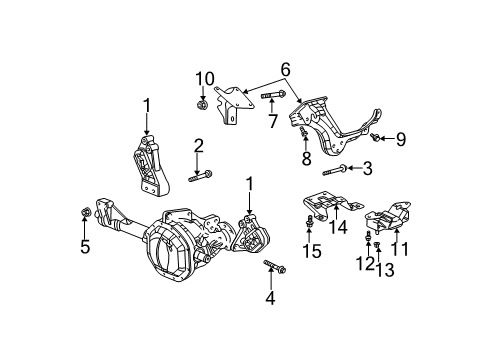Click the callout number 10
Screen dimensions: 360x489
point(204,78)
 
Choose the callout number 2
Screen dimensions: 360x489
point(198,148)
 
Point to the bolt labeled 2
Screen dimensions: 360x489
point(198,178)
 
